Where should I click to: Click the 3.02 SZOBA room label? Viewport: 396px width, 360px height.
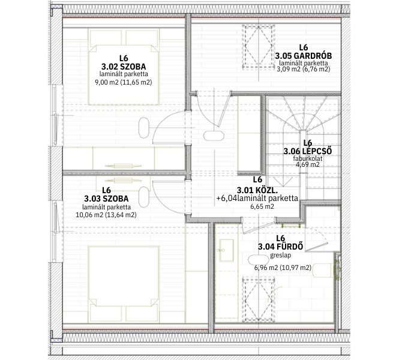tap(124, 67)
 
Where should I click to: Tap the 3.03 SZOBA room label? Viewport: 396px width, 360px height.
tap(106, 199)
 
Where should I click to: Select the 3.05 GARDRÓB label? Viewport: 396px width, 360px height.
tap(304, 56)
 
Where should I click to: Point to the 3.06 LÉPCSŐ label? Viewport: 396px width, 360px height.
tap(308, 151)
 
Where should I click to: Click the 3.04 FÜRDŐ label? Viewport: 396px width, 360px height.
tap(280, 247)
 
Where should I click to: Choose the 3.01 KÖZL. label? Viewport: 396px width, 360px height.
tap(257, 190)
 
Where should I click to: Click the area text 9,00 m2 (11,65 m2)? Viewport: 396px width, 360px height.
tap(123, 82)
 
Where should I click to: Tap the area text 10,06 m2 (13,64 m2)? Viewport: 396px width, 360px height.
tap(106, 215)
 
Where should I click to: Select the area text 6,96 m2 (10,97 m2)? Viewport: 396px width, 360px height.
tap(283, 268)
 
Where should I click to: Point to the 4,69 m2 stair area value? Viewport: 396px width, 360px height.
tap(307, 164)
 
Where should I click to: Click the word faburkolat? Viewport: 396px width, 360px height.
tap(308, 158)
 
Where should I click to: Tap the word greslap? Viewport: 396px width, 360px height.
tap(280, 255)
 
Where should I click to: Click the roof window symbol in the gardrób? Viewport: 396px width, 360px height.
tap(258, 47)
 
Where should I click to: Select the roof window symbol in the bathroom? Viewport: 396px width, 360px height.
tap(258, 299)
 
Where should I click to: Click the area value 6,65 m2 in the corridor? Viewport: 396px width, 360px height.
tap(262, 206)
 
